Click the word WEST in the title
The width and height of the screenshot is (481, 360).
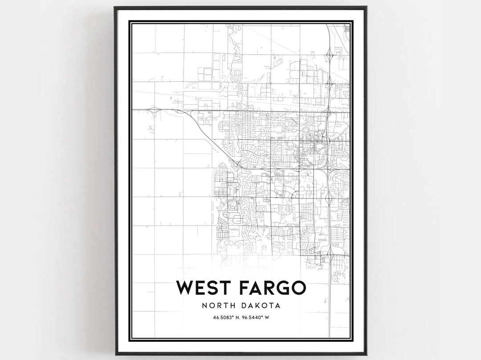204,288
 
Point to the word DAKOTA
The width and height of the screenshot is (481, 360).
263,306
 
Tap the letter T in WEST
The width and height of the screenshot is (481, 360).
225,288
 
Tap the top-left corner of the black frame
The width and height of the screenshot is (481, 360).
114,7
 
